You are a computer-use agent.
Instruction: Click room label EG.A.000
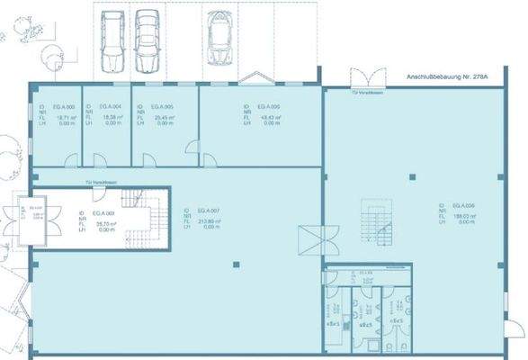(66, 106)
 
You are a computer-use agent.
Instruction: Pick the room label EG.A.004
(113, 106)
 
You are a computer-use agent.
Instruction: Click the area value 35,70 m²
(104, 223)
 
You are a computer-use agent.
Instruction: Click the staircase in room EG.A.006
(377, 221)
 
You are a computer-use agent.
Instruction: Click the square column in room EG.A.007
(236, 264)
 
